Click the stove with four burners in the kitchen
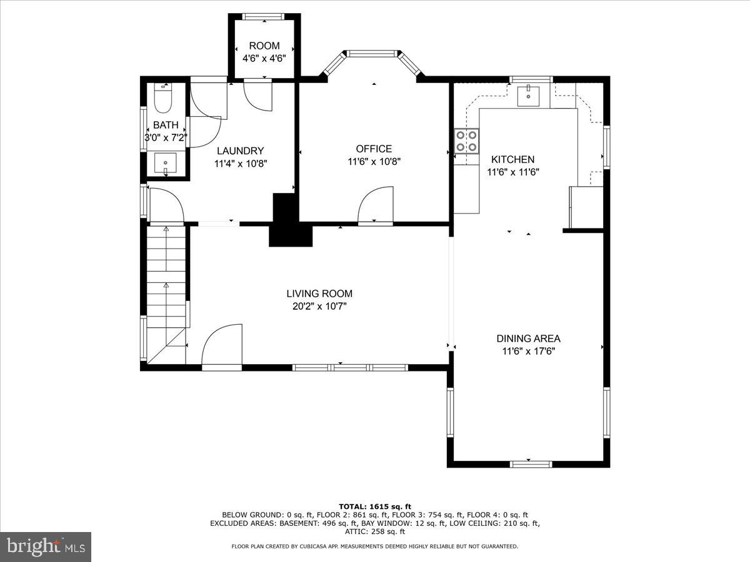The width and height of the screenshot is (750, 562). click(x=466, y=140)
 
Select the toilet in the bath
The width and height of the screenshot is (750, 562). click(x=163, y=97)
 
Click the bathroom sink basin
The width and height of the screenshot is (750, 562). click(x=166, y=164)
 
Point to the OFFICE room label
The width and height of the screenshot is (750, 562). click(x=374, y=149)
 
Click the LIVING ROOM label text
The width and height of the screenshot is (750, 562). click(x=319, y=293)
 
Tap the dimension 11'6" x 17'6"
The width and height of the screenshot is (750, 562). click(x=528, y=351)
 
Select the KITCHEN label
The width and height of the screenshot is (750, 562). click(x=512, y=160)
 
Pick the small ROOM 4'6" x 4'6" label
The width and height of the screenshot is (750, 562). click(x=264, y=46)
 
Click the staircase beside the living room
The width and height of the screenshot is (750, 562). click(x=167, y=281)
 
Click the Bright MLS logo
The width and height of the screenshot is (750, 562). click(x=46, y=546)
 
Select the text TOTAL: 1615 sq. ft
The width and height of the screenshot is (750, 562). click(x=374, y=506)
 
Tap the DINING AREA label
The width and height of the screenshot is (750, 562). click(x=528, y=338)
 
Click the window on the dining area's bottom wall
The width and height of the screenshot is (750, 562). click(x=531, y=463)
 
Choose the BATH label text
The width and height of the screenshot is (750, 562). click(x=166, y=125)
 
